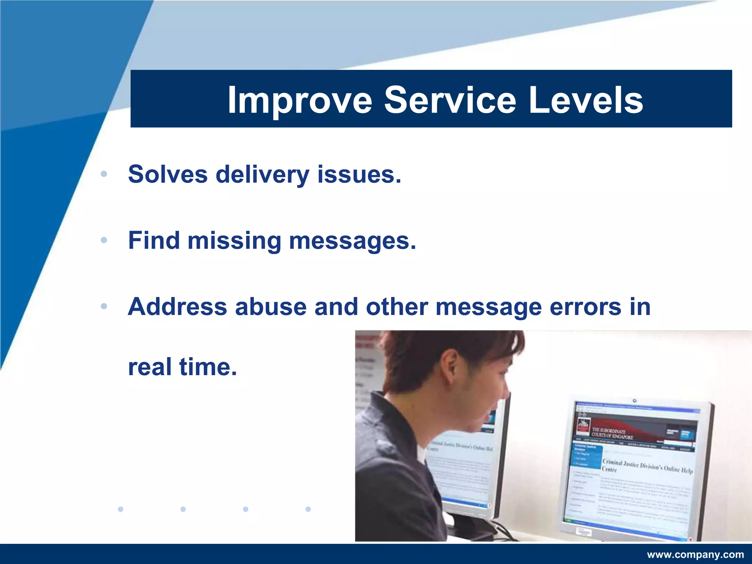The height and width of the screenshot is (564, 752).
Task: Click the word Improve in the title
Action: (299, 100)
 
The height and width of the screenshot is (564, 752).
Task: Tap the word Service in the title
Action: (450, 100)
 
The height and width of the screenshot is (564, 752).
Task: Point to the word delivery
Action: (262, 175)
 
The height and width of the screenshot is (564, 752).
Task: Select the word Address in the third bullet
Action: (177, 307)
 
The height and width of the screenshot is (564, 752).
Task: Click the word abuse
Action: (271, 307)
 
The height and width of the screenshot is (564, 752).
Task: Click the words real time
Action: (182, 367)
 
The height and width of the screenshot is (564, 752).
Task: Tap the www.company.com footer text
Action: (695, 554)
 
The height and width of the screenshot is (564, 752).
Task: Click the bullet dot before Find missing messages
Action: (104, 241)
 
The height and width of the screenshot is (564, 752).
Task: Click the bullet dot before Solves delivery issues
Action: (104, 174)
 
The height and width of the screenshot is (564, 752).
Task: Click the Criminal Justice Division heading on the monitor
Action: (647, 466)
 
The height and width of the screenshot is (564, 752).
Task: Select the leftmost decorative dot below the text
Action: (120, 509)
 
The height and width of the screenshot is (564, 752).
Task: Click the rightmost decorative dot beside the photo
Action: (308, 509)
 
